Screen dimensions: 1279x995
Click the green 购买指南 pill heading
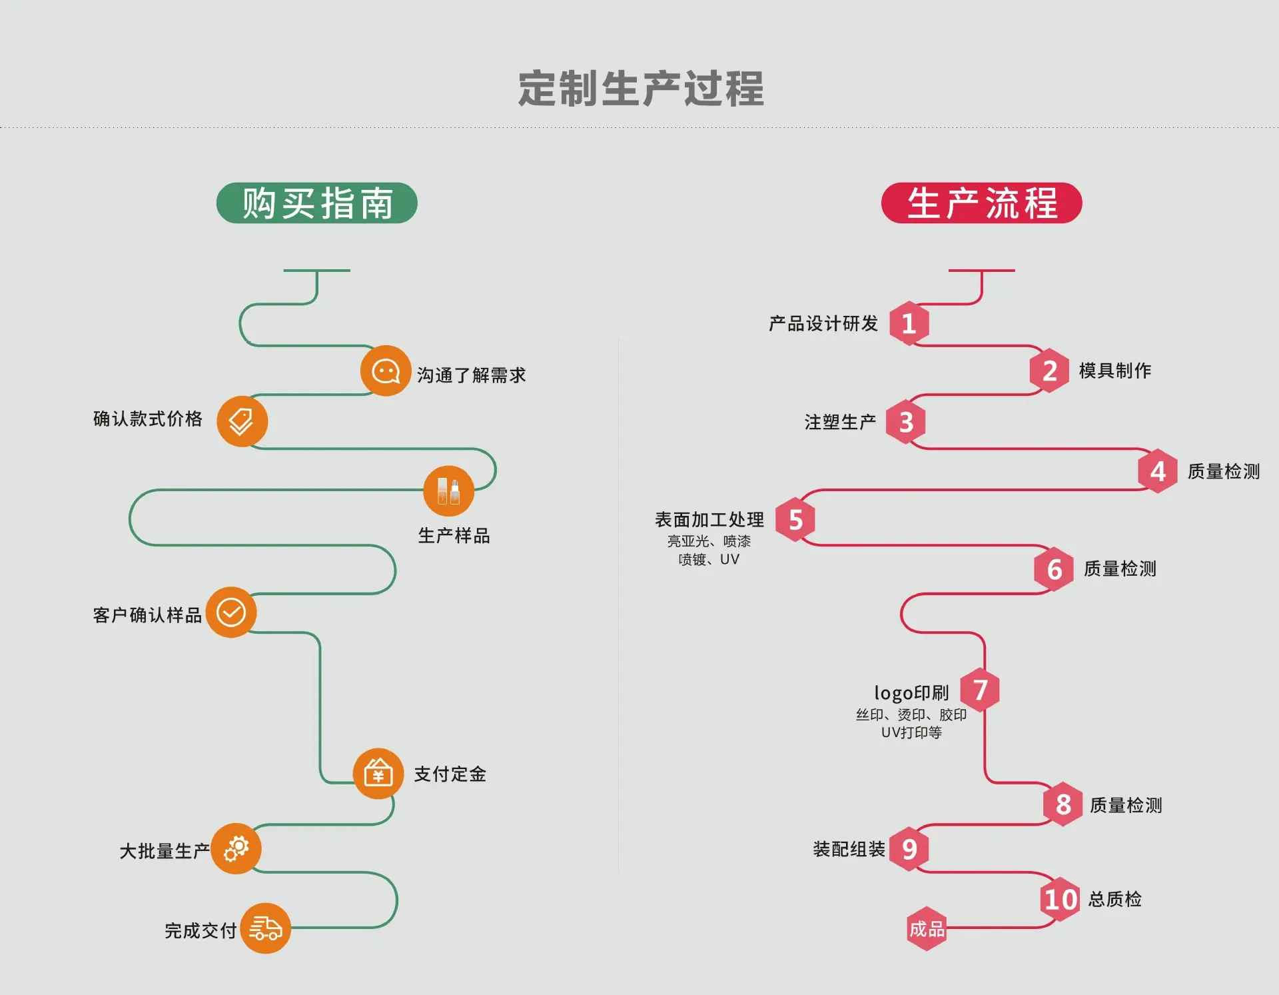(317, 203)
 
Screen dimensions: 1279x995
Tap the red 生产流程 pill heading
(981, 203)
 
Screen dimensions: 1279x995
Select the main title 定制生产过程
(641, 89)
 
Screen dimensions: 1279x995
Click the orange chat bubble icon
(386, 371)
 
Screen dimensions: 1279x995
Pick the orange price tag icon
(242, 421)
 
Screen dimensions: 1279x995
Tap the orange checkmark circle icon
(231, 612)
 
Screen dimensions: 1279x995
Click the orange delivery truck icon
(266, 928)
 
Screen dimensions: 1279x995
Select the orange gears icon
(236, 848)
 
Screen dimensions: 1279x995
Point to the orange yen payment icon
(378, 773)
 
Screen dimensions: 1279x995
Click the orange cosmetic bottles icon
(449, 491)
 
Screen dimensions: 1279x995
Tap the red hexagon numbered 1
(909, 323)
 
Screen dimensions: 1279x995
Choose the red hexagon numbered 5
(795, 519)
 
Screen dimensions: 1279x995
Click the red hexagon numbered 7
(980, 690)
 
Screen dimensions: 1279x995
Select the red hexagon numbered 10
(1061, 899)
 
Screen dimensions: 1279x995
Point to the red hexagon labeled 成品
(927, 928)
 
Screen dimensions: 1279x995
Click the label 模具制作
(1115, 371)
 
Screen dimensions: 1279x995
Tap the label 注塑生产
(840, 422)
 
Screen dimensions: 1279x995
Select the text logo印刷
(911, 693)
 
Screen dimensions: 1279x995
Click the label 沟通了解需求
(472, 375)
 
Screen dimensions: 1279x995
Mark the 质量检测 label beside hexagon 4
(1224, 471)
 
